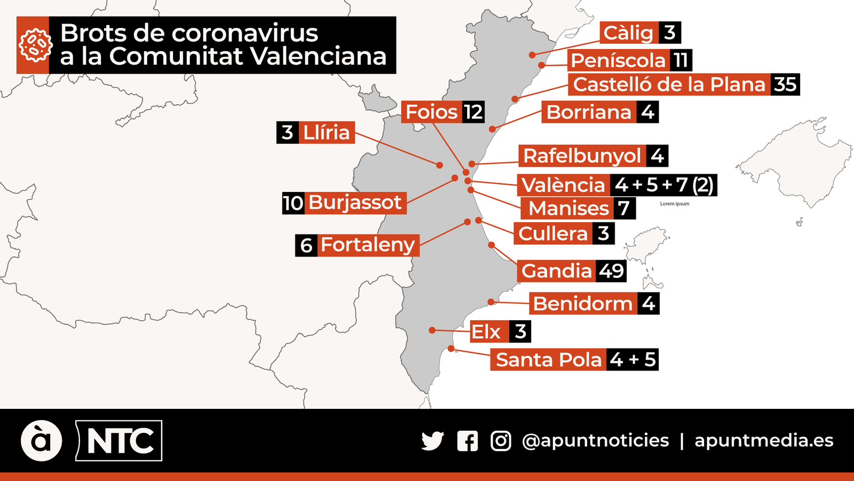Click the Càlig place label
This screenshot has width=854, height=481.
[629, 33]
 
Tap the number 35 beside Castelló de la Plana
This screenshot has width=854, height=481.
[785, 84]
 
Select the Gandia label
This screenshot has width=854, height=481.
[557, 271]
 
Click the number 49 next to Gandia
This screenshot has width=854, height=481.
[611, 271]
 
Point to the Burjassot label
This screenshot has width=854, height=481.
[355, 203]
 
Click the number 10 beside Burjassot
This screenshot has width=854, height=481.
[293, 203]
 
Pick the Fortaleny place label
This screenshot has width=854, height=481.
[368, 245]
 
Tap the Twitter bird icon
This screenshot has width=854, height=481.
[432, 441]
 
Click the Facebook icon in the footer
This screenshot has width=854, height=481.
[468, 441]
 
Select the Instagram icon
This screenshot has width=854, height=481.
[501, 441]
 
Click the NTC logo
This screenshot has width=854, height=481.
[120, 441]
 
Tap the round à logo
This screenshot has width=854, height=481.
[41, 441]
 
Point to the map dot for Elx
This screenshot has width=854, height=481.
[432, 330]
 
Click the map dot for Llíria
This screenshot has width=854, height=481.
[440, 165]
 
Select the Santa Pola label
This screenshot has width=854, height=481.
[549, 360]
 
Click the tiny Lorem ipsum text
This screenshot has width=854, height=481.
[675, 204]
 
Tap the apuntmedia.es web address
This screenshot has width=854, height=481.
[764, 440]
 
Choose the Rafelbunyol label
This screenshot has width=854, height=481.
[582, 156]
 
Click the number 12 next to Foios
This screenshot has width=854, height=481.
[473, 112]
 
